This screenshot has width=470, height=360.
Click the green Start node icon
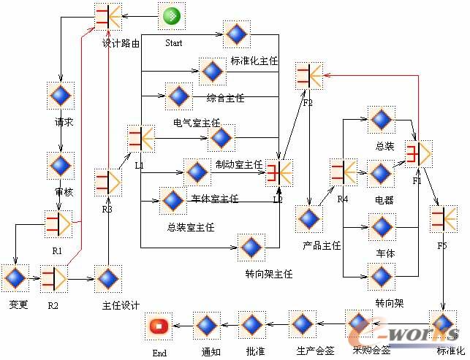tap(172, 15)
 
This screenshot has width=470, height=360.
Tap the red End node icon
tap(159, 326)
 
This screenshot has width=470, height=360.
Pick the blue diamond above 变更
tap(15, 278)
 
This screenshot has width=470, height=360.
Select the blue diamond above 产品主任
tap(309, 219)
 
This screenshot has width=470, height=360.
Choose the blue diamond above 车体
tap(381, 228)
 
